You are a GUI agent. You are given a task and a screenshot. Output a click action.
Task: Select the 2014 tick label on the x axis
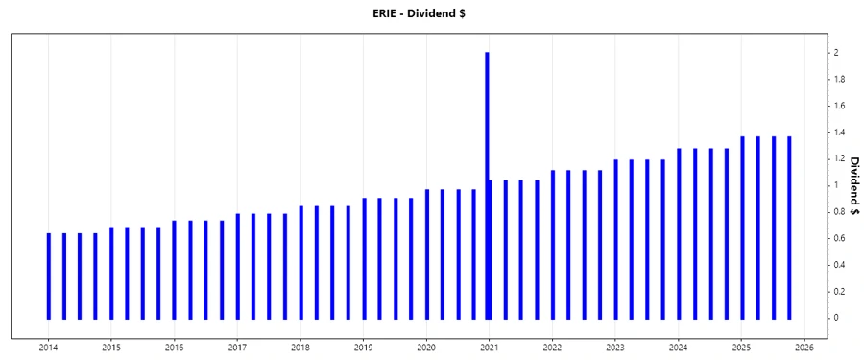[x=48, y=348]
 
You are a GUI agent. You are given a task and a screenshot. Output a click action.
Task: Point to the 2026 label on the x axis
[x=804, y=348]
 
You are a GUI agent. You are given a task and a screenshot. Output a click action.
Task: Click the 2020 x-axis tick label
[x=426, y=348]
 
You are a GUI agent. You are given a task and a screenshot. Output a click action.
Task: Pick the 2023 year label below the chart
[x=615, y=348]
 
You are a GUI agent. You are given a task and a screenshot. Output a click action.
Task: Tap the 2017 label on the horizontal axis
[x=237, y=348]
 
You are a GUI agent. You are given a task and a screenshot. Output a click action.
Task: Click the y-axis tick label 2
[x=836, y=53]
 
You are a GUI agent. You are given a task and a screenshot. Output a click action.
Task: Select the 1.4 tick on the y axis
[x=839, y=132]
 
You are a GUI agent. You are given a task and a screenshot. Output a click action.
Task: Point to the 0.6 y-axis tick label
[x=839, y=238]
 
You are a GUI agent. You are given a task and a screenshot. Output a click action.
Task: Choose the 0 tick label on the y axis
[x=836, y=318]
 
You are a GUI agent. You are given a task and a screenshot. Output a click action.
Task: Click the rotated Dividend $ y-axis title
[x=852, y=184]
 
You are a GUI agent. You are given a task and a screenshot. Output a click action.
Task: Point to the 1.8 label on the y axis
[x=839, y=80]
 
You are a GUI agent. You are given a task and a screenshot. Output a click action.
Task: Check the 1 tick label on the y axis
[x=836, y=185]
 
